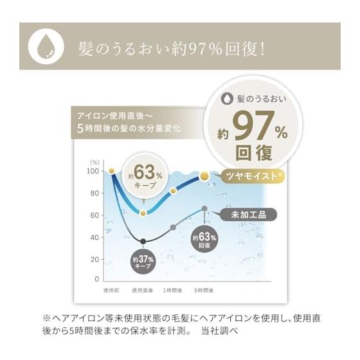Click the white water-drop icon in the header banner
[x=46, y=46]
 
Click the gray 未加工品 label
[x=248, y=215]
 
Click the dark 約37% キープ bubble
[x=143, y=262]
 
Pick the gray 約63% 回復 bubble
[x=204, y=240]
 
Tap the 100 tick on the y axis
[x=93, y=171]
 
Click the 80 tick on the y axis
[x=94, y=193]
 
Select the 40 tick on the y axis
[x=94, y=237]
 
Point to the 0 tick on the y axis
[x=96, y=279]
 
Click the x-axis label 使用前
[x=111, y=291]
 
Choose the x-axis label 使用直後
[x=142, y=291]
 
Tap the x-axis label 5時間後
[x=204, y=291]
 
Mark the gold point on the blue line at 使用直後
[x=143, y=213]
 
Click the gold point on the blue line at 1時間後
[x=173, y=190]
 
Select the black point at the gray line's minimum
[x=143, y=241]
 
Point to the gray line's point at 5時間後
[x=204, y=208]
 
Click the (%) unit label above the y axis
[x=94, y=163]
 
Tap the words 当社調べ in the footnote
[x=219, y=331]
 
